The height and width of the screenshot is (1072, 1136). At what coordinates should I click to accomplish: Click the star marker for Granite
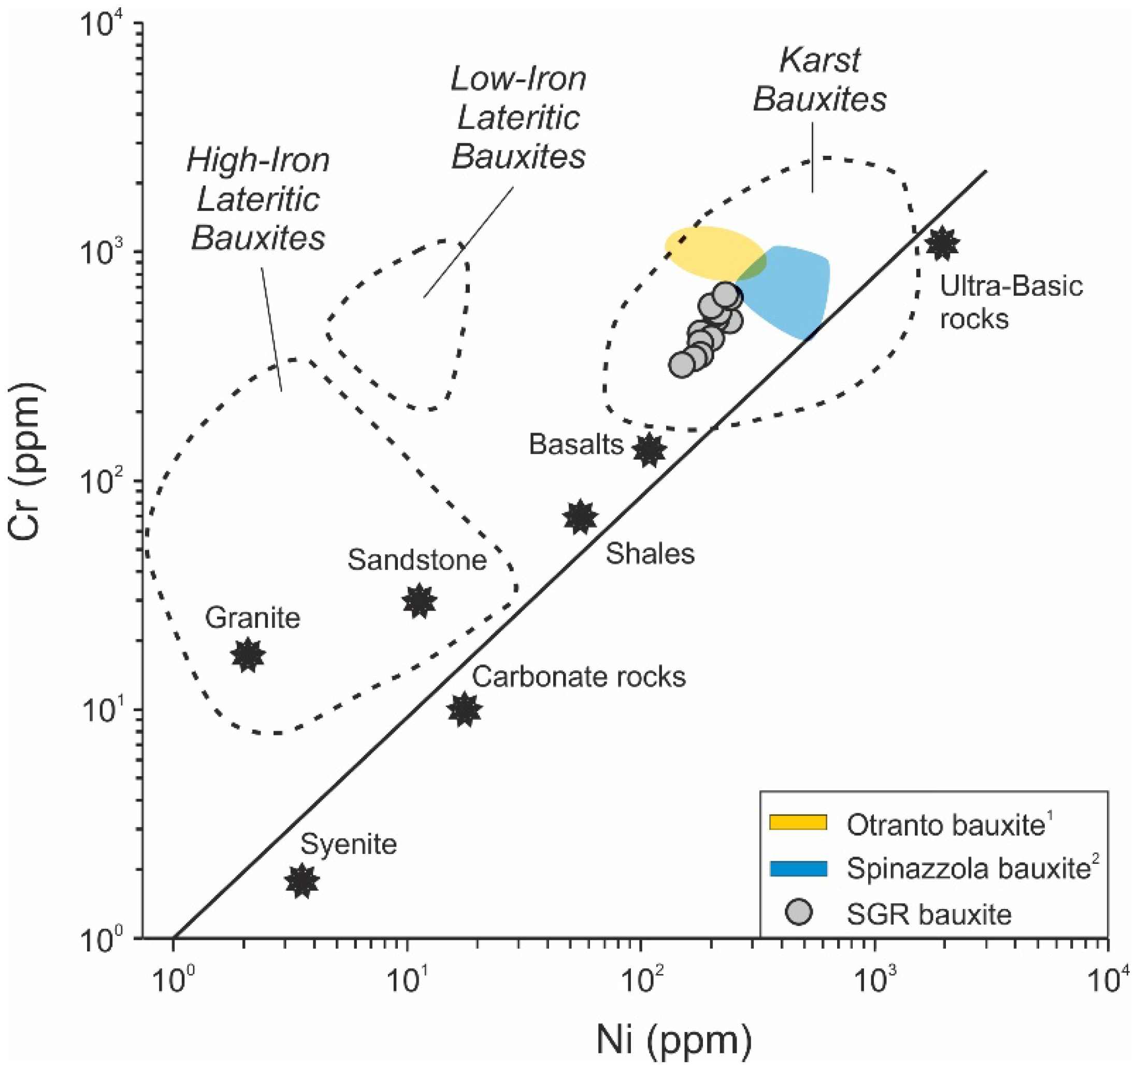(x=248, y=655)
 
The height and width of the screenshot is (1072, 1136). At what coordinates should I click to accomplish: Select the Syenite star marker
(x=301, y=880)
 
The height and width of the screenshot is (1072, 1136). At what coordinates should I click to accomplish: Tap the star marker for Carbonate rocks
(x=465, y=709)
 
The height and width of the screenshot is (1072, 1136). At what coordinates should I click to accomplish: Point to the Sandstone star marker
(x=420, y=601)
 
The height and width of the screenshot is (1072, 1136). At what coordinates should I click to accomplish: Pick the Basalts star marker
(x=649, y=449)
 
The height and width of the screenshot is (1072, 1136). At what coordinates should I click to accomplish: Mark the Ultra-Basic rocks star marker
(x=942, y=243)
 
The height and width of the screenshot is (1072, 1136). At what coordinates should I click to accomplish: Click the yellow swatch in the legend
(x=798, y=822)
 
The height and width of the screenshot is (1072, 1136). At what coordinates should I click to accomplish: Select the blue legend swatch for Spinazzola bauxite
(x=798, y=868)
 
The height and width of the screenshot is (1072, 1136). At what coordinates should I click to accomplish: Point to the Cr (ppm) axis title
(x=25, y=462)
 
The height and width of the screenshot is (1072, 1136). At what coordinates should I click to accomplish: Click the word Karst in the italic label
(x=819, y=60)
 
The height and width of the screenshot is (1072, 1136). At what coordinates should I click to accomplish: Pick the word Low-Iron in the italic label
(x=519, y=79)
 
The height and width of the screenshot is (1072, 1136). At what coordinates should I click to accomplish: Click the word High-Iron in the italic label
(x=258, y=160)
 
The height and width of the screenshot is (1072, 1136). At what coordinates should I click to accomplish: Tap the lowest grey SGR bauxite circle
(x=682, y=364)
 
